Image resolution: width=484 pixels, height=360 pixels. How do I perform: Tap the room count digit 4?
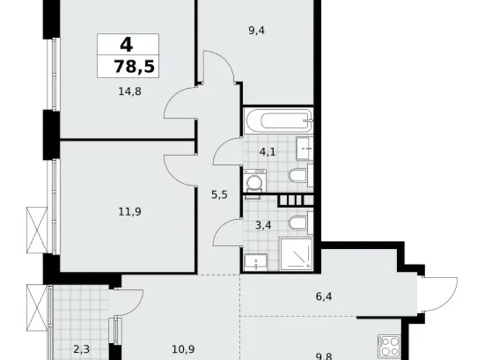tap(127, 45)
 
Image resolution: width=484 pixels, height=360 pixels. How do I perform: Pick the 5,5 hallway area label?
tap(220, 194)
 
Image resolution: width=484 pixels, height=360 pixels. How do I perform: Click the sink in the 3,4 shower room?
tap(254, 263)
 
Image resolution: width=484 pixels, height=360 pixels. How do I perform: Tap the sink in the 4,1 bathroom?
tap(303, 146)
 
